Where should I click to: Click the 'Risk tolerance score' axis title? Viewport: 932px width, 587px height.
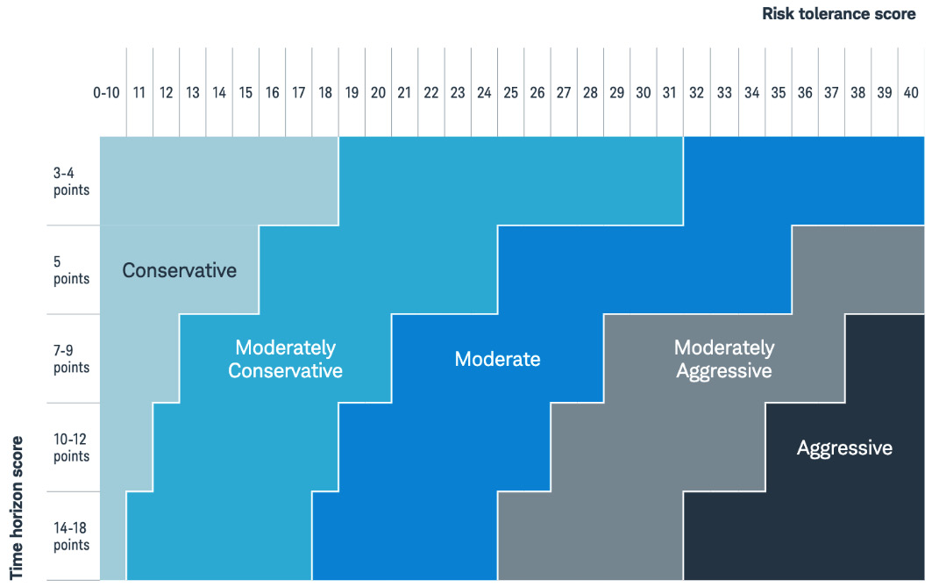pyautogui.click(x=839, y=13)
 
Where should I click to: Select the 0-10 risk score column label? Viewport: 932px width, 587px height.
pyautogui.click(x=106, y=92)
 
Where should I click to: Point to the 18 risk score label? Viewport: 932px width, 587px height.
pyautogui.click(x=325, y=92)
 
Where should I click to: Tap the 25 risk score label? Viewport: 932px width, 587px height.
pyautogui.click(x=510, y=92)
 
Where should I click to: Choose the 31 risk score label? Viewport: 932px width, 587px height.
pyautogui.click(x=669, y=92)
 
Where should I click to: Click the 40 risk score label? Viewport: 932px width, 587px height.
pyautogui.click(x=911, y=92)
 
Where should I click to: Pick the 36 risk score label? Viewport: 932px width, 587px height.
pyautogui.click(x=805, y=92)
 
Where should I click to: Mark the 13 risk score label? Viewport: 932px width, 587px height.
pyautogui.click(x=193, y=92)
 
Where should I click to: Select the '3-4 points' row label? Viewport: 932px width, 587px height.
pyautogui.click(x=71, y=182)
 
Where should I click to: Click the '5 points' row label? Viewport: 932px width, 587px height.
pyautogui.click(x=71, y=270)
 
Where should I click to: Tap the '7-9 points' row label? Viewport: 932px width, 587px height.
pyautogui.click(x=71, y=359)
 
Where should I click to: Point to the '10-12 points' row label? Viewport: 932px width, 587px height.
pyautogui.click(x=71, y=447)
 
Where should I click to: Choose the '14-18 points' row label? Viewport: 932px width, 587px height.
pyautogui.click(x=71, y=536)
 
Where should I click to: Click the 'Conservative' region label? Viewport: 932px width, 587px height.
pyautogui.click(x=179, y=270)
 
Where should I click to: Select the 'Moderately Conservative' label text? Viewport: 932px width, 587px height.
pyautogui.click(x=285, y=359)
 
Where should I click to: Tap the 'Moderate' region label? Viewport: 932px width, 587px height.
pyautogui.click(x=497, y=359)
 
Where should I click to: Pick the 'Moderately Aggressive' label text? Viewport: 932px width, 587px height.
pyautogui.click(x=723, y=359)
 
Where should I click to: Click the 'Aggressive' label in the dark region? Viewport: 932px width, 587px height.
pyautogui.click(x=843, y=448)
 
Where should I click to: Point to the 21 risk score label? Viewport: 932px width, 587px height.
pyautogui.click(x=404, y=92)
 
